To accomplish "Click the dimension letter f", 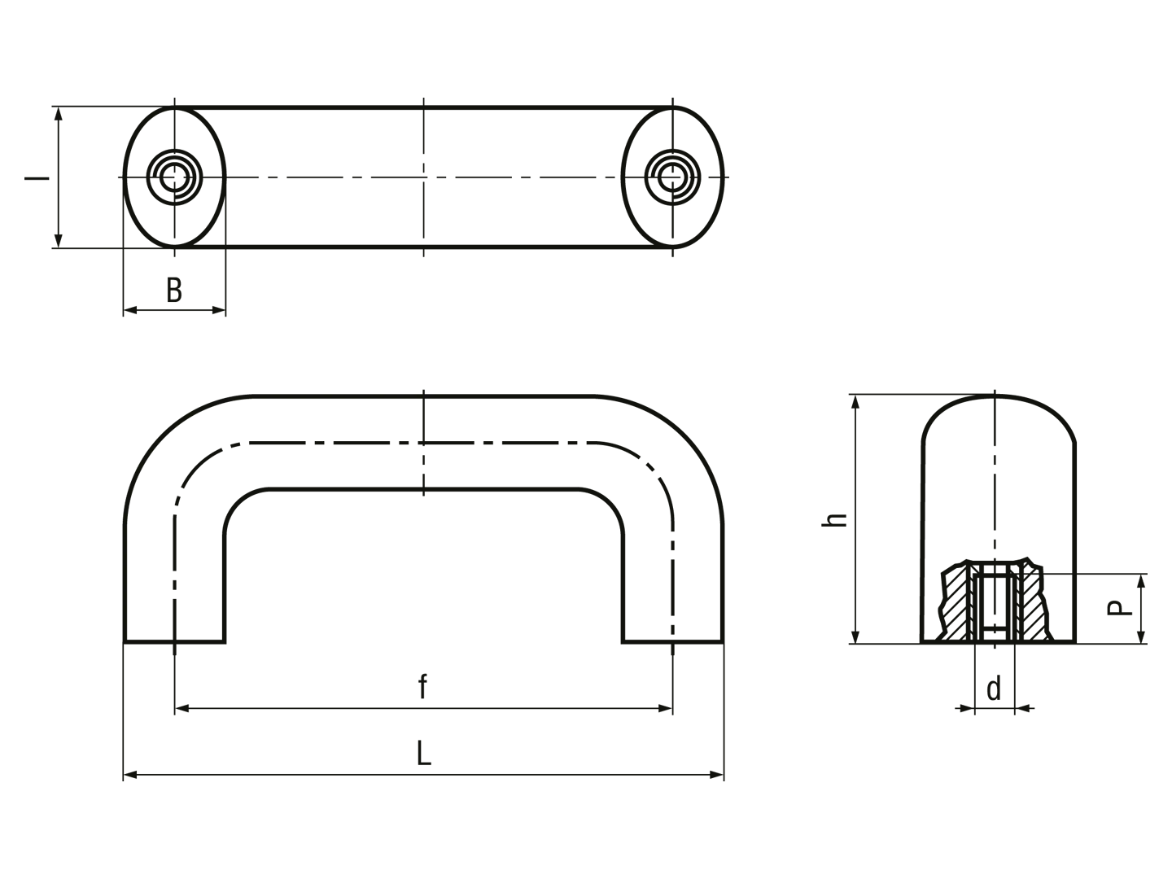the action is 422,686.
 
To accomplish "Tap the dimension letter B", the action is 174,291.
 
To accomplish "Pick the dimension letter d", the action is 994,689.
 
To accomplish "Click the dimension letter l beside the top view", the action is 37,177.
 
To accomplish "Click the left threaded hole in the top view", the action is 175,177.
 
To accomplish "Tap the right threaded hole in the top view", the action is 672,177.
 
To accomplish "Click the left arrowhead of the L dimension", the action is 130,774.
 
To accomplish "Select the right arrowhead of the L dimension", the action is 716,774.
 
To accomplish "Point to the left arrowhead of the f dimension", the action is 182,708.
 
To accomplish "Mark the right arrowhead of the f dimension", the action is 665,708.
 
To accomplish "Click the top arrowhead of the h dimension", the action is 855,402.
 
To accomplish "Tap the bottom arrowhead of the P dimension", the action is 1141,636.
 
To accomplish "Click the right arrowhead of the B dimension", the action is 218,310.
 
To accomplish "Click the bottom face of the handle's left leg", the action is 175,642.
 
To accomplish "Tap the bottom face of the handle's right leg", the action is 673,642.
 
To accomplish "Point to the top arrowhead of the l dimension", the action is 59,114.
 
